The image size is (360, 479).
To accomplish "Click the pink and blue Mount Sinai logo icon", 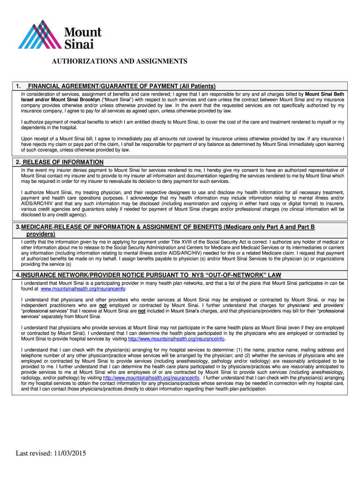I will pyautogui.click(x=36, y=35).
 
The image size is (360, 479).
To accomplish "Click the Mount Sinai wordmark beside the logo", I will pyautogui.click(x=82, y=38).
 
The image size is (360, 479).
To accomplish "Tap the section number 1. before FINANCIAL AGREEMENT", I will pyautogui.click(x=18, y=86).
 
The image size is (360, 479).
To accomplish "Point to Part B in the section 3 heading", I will pyautogui.click(x=304, y=227).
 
